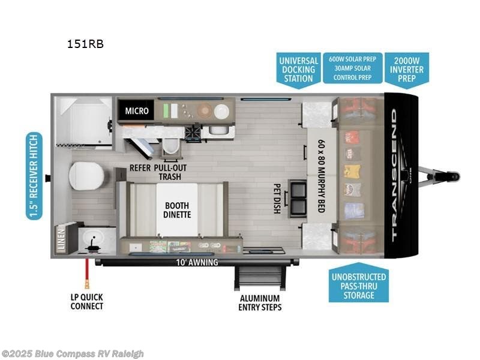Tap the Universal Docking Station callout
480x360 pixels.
298,70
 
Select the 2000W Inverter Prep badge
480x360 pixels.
407,69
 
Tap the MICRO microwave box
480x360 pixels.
136,111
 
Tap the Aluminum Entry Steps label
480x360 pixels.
259,302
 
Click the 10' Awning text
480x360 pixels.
197,262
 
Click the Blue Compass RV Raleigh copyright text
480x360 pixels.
73,353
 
